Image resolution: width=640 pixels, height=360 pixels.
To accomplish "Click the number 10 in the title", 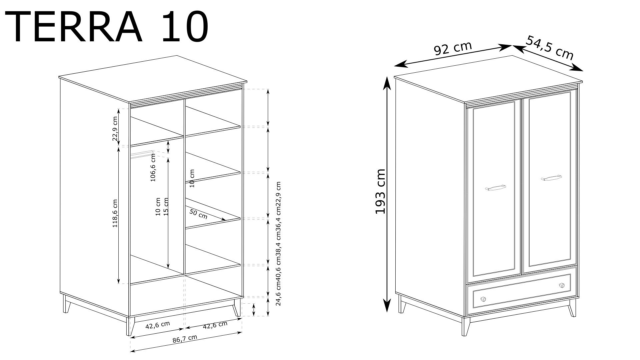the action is pyautogui.click(x=185, y=27).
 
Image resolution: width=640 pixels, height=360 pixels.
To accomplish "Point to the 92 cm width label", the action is pyautogui.click(x=453, y=49).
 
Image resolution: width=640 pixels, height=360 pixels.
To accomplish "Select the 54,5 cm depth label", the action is pyautogui.click(x=550, y=48).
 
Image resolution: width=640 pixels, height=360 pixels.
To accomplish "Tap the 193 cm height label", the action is pyautogui.click(x=380, y=191).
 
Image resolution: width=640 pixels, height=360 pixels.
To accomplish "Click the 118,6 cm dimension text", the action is pyautogui.click(x=115, y=213).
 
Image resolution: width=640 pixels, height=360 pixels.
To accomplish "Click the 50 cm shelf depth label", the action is pyautogui.click(x=198, y=214).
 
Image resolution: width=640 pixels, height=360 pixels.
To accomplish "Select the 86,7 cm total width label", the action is pyautogui.click(x=185, y=339).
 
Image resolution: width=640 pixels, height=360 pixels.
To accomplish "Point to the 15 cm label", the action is pyautogui.click(x=166, y=207).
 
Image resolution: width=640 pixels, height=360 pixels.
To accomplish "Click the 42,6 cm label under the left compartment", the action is pyautogui.click(x=158, y=325).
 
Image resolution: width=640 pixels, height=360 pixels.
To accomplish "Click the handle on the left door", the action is pyautogui.click(x=495, y=188).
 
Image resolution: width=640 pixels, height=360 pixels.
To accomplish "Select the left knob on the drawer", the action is pyautogui.click(x=483, y=299).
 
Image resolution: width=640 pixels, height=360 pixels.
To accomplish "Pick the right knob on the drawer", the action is pyautogui.click(x=562, y=285).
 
